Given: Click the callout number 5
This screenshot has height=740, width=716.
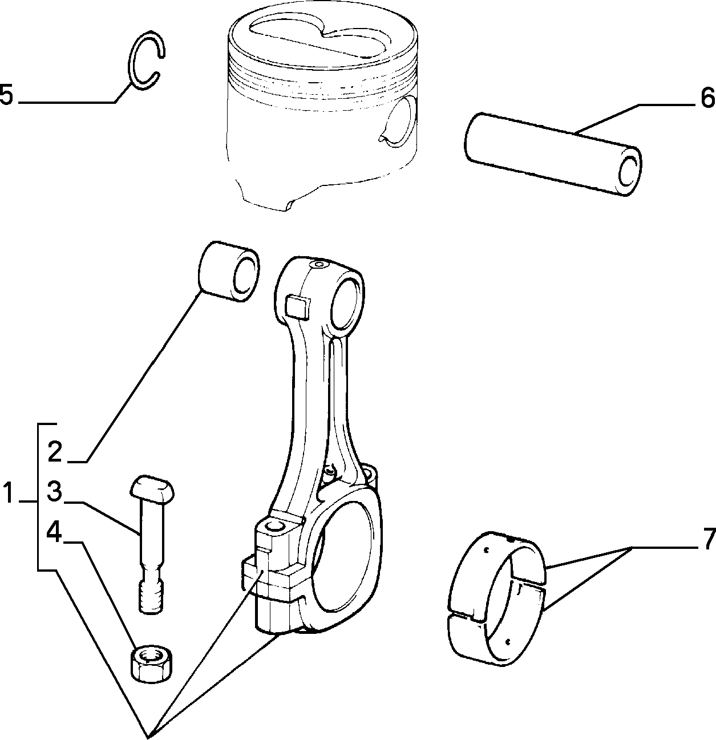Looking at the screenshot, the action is (x=6, y=95).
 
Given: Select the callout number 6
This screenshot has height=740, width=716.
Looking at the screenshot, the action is (x=707, y=98).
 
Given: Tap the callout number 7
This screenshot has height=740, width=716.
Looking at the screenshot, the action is (x=709, y=539).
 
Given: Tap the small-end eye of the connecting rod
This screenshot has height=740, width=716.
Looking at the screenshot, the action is (x=346, y=302).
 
